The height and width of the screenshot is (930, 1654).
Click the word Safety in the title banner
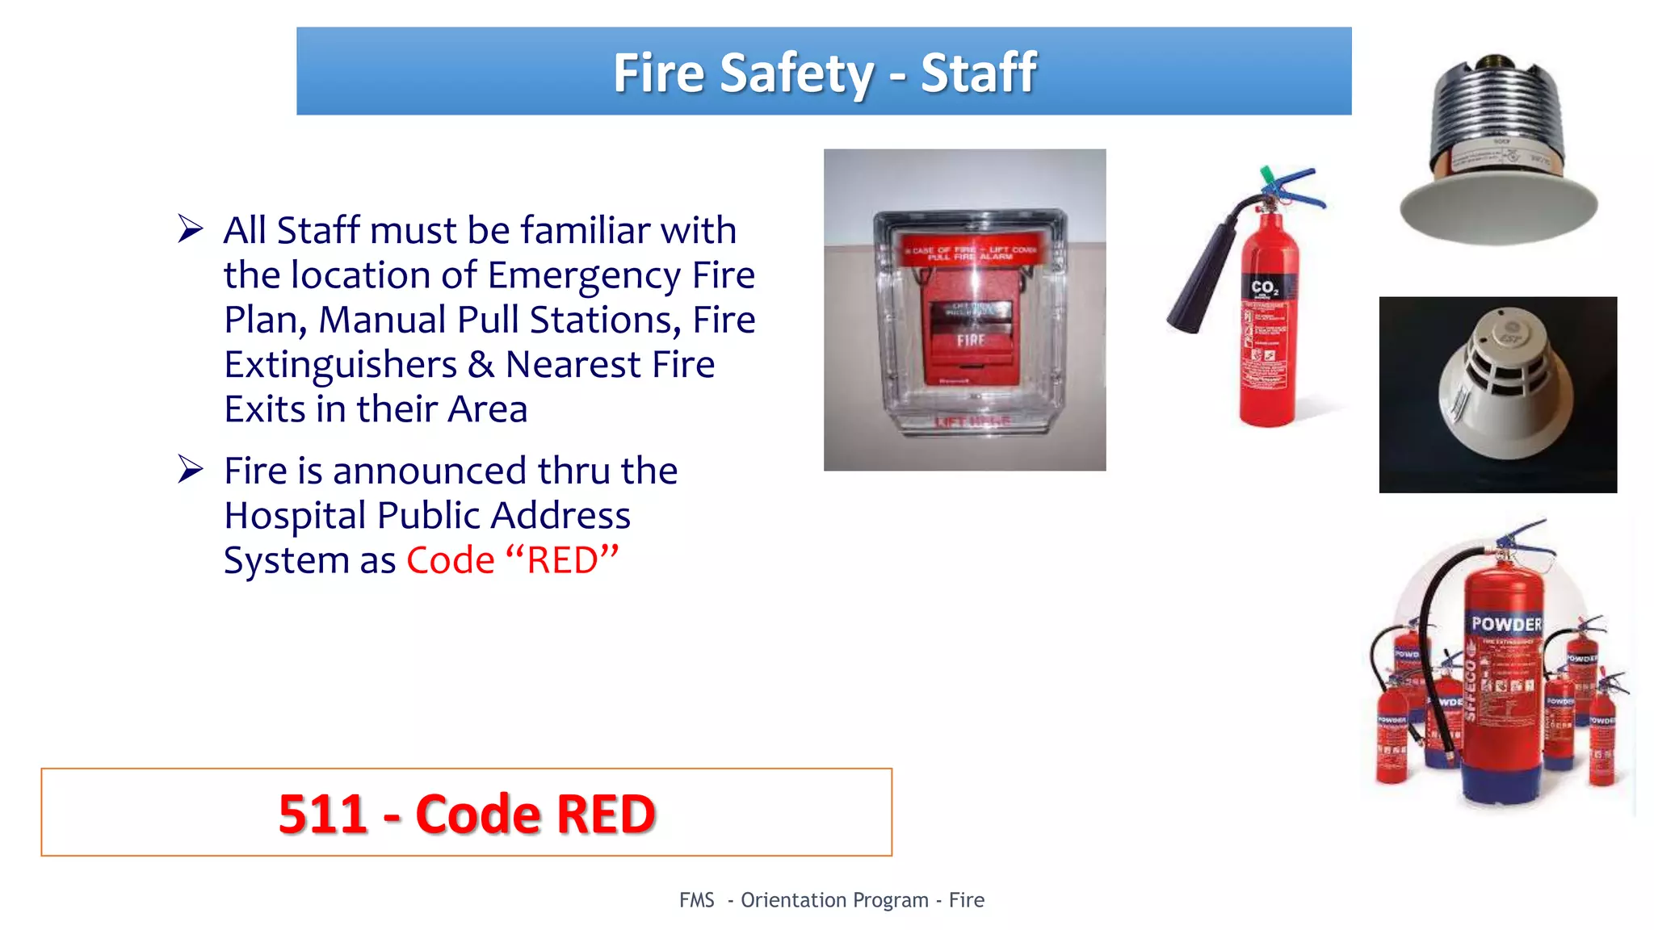(x=796, y=73)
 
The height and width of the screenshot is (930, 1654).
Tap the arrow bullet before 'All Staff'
(x=191, y=229)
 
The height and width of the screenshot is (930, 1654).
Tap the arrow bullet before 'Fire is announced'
(x=191, y=469)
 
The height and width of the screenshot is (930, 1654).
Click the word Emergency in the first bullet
(x=584, y=276)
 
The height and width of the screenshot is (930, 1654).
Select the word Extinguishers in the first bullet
(x=340, y=365)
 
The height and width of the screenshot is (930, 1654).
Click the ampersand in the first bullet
(x=481, y=365)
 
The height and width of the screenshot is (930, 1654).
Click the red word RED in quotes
(x=562, y=560)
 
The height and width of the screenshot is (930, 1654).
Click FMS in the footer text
(x=696, y=900)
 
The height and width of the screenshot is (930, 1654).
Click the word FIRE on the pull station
(x=971, y=341)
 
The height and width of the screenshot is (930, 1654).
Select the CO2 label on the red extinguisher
(x=1264, y=287)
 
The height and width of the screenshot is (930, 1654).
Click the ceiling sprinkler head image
(x=1498, y=153)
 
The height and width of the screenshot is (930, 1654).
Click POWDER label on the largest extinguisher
(x=1506, y=624)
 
